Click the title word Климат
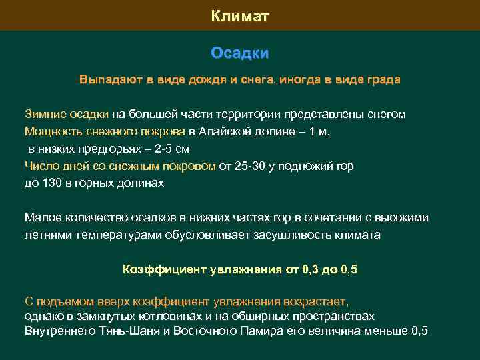[x=240, y=15]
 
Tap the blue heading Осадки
[x=240, y=53]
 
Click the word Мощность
[x=53, y=131]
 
